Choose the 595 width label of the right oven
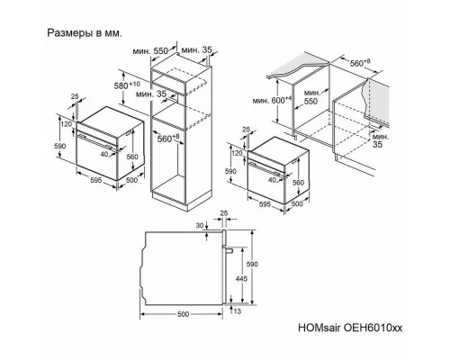[x=263, y=203]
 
